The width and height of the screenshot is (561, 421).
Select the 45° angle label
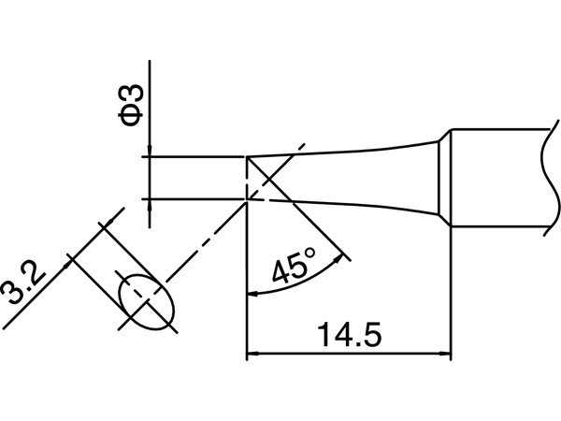point(294,267)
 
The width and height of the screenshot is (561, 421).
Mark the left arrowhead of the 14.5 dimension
point(252,355)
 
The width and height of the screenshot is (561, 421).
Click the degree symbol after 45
point(309,253)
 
